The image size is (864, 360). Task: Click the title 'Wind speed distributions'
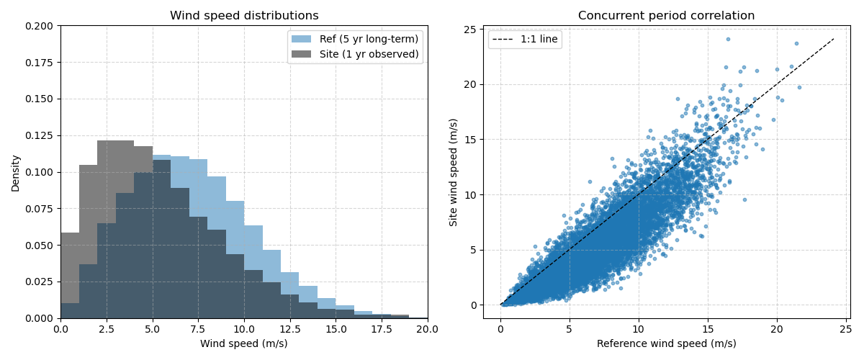[x=244, y=16]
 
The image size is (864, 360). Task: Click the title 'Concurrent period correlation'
[x=666, y=16]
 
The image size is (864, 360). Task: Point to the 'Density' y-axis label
[x=16, y=172]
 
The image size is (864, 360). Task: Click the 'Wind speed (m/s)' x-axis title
[x=244, y=343]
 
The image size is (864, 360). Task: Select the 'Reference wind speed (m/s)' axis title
[x=666, y=343]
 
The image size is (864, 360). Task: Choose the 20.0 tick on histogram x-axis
[x=428, y=328]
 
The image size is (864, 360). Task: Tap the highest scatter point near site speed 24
[x=728, y=39]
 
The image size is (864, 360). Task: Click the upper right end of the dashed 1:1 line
[x=834, y=39]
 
